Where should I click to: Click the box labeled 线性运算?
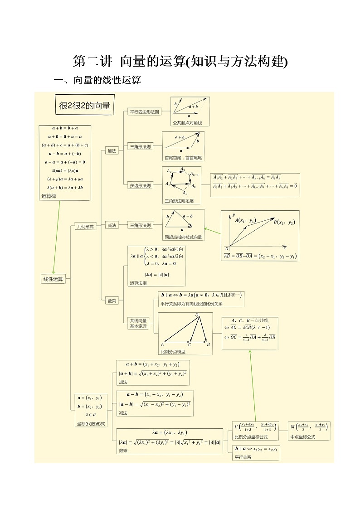pos(53,279)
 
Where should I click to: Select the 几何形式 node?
pos(85,227)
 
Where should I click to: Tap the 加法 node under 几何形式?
pos(112,151)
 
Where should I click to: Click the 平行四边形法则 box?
pos(144,111)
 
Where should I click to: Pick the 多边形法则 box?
pos(141,185)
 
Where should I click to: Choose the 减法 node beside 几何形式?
pos(112,225)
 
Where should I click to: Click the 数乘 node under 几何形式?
pos(112,301)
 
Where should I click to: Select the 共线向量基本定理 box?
pos(138,323)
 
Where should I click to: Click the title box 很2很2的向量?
pos(85,106)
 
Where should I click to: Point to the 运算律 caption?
pos(49,196)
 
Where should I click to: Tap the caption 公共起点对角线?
pos(184,123)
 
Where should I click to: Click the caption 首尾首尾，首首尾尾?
pos(183,158)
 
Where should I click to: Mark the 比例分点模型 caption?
pos(173,351)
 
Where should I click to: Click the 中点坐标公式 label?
pos(303,437)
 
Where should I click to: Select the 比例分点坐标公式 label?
pos(251,437)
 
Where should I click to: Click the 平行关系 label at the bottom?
pos(243,457)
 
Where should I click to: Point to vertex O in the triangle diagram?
pos(197,315)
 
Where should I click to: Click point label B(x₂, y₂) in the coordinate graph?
pos(284,222)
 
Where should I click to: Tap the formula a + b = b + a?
pos(65,128)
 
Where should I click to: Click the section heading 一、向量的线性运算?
pos(97,81)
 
